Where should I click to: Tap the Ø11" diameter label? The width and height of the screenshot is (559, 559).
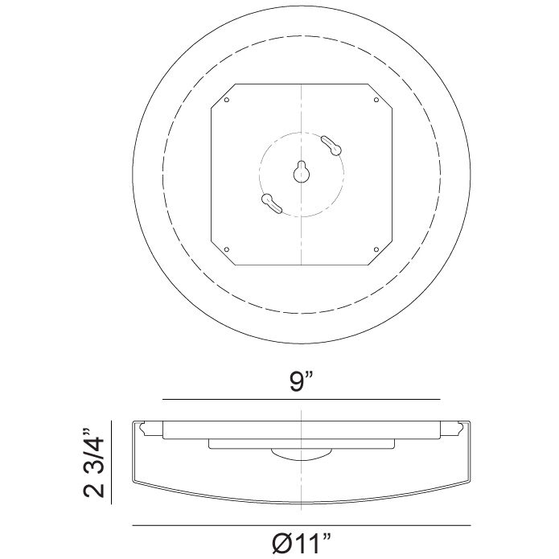pos(301,545)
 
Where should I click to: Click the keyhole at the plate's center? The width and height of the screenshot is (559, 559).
pos(301,171)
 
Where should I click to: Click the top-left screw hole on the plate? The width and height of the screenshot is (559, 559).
pos(228,101)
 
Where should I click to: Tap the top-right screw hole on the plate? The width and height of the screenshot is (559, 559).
pos(376,101)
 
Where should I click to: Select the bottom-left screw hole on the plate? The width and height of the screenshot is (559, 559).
pos(228,248)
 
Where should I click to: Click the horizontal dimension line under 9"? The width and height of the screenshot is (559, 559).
pos(241,400)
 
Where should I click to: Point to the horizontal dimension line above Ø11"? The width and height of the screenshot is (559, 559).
pos(241,526)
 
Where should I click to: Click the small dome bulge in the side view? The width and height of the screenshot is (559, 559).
pos(301,454)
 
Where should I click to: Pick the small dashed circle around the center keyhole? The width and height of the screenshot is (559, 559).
pos(343,172)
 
